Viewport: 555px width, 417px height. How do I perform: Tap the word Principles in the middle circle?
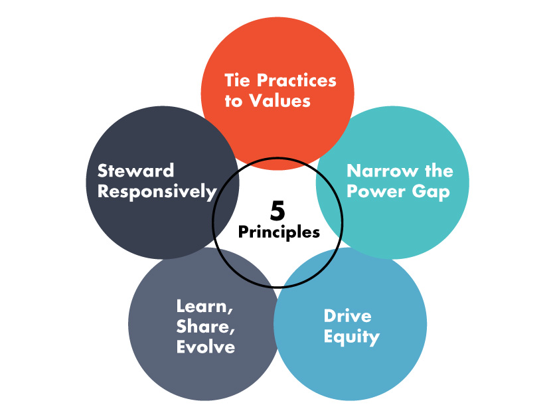point(279,232)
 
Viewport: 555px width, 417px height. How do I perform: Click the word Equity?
point(351,337)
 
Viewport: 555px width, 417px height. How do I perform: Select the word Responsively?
point(157,192)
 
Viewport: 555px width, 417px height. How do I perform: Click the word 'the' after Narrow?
point(434,171)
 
